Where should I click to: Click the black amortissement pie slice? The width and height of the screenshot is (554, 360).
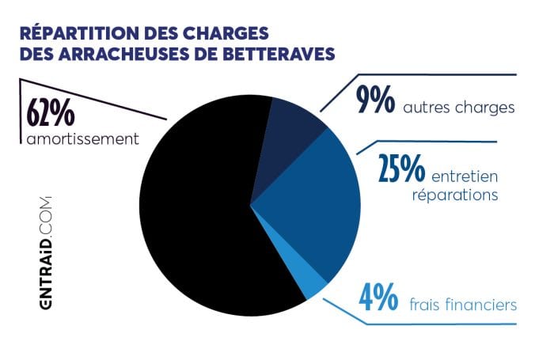click(x=198, y=214)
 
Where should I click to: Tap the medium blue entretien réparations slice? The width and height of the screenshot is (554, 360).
click(x=317, y=206)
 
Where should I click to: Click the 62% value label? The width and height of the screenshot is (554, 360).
click(x=51, y=114)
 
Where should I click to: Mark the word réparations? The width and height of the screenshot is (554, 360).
click(x=455, y=194)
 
